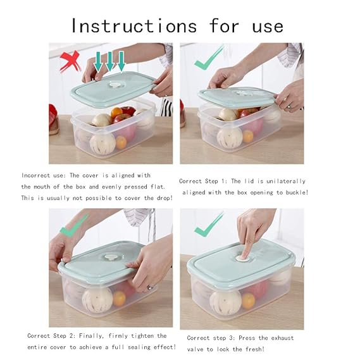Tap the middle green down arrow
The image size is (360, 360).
pos(109,61)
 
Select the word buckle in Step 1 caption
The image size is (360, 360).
pos(292,192)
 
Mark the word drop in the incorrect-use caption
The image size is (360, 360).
pos(161,198)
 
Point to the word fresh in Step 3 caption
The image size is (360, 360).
pos(254,348)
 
